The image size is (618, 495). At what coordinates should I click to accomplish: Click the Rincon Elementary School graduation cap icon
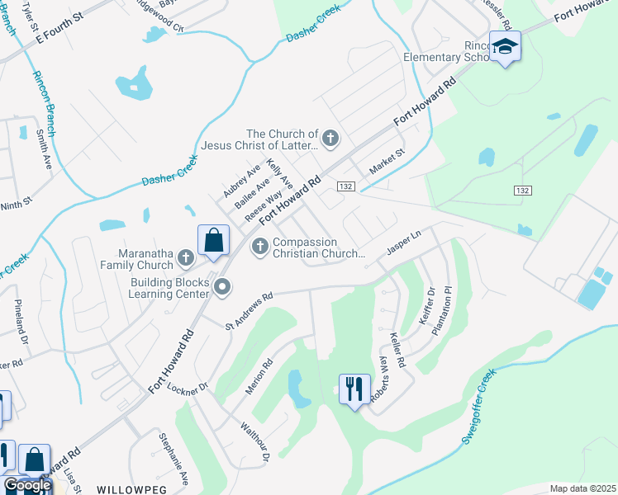pyautogui.click(x=504, y=47)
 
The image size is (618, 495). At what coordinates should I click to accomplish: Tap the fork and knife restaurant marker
pyautogui.click(x=355, y=388)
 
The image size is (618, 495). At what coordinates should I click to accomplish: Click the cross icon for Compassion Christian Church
pyautogui.click(x=260, y=246)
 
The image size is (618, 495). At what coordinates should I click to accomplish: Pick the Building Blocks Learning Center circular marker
pyautogui.click(x=221, y=287)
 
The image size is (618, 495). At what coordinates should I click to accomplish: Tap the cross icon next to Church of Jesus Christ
pyautogui.click(x=330, y=138)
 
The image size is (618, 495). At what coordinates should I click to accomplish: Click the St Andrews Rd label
pyautogui.click(x=249, y=312)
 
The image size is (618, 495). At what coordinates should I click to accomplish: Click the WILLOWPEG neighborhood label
pyautogui.click(x=132, y=489)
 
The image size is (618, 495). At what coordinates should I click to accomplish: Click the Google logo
pyautogui.click(x=26, y=485)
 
